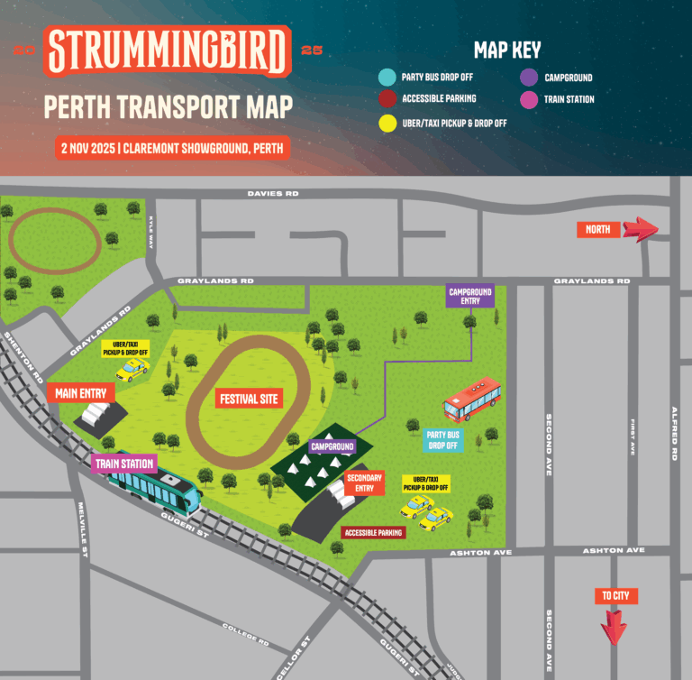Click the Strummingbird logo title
coord(168,51)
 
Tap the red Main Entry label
coord(80,393)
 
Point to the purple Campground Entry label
coord(470,296)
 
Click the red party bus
coord(472,400)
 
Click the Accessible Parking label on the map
coord(373,533)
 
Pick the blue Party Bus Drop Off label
coord(442,439)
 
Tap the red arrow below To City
coord(615,628)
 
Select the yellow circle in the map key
coord(387,122)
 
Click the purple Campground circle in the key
coord(528,78)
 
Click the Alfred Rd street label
coord(673,433)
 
